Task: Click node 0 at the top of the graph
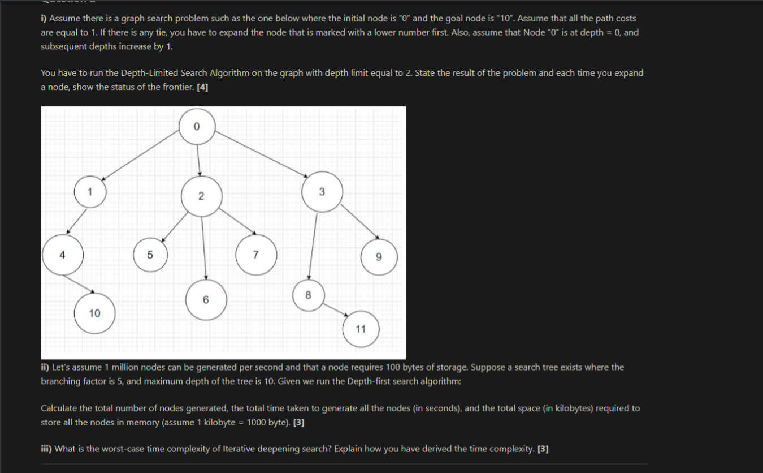(197, 127)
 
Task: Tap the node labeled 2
(201, 196)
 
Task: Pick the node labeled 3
(322, 192)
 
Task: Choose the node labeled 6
(255, 255)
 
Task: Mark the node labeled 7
(308, 295)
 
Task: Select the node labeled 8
(379, 257)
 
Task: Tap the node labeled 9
(94, 313)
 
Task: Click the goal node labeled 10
(361, 329)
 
